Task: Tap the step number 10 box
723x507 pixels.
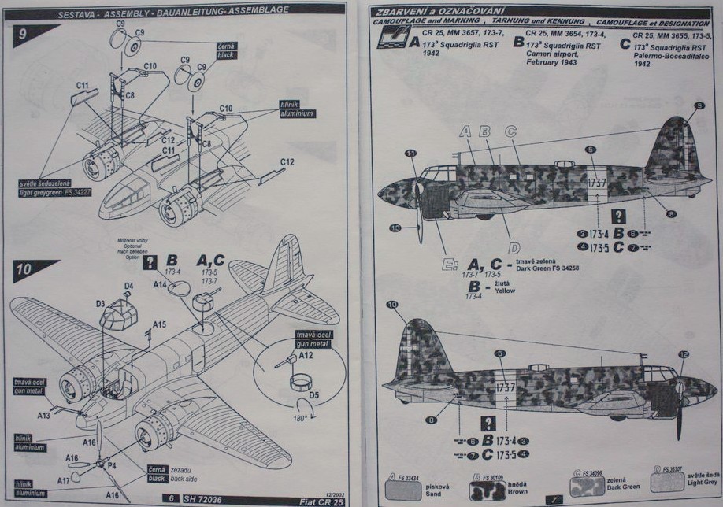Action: point(24,268)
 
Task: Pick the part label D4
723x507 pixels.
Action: point(128,286)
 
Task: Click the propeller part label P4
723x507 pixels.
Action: point(112,465)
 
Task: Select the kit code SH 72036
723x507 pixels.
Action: point(206,498)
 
